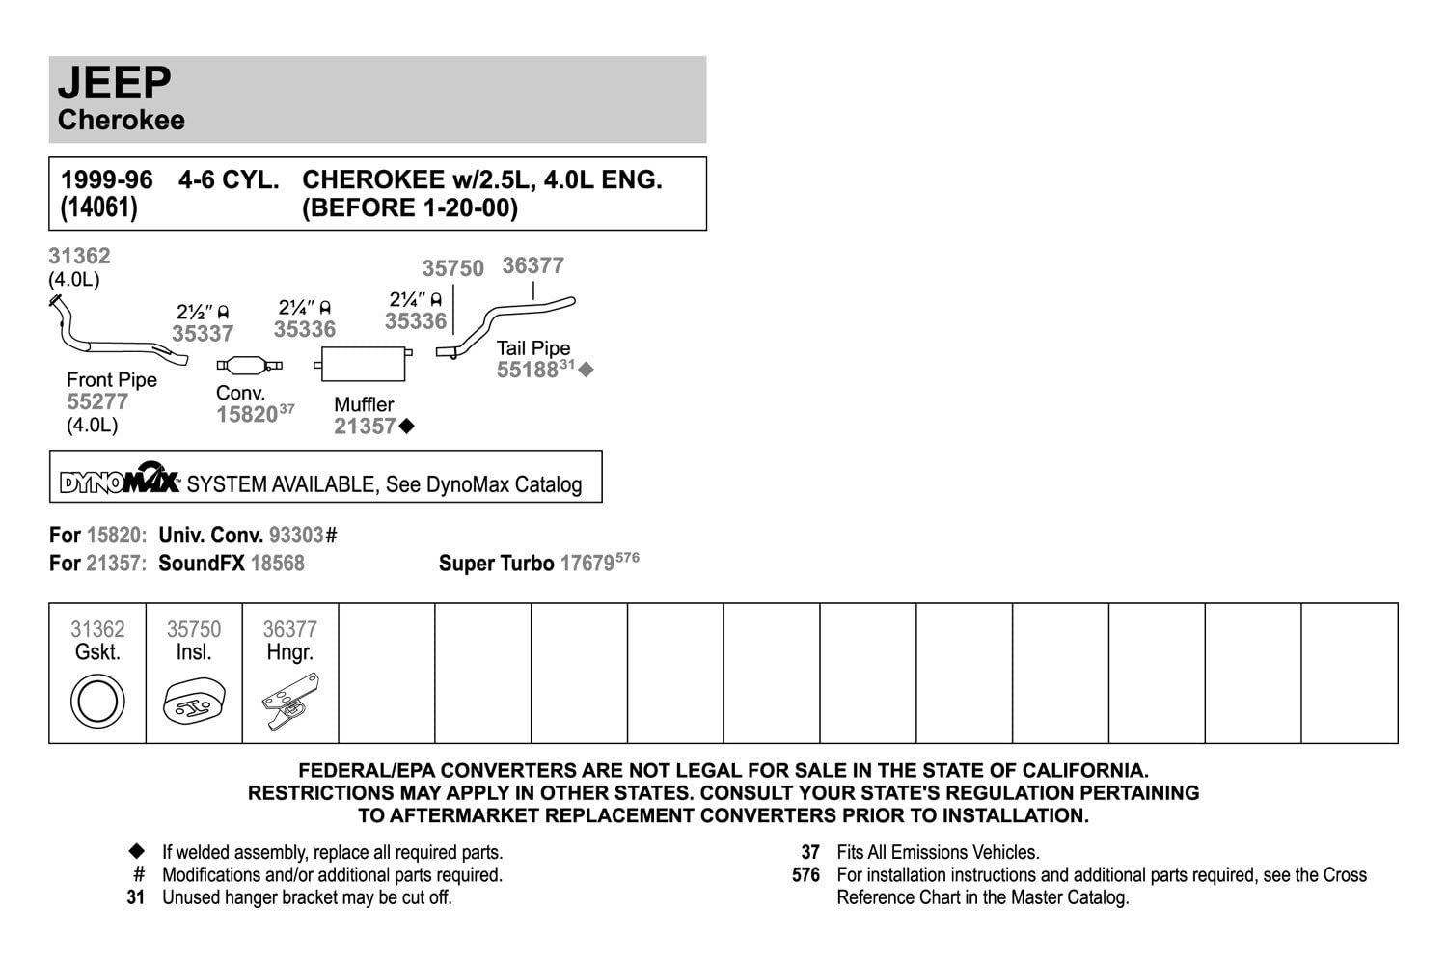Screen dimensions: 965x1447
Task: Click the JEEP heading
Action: (114, 83)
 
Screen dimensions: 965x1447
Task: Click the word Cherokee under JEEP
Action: (121, 120)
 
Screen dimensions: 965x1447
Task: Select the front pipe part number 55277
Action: (97, 402)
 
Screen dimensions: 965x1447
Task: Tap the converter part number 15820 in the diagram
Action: (247, 415)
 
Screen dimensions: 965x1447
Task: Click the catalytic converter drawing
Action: (250, 365)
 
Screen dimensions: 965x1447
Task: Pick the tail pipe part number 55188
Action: (528, 370)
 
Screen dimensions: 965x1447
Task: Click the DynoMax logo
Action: (119, 479)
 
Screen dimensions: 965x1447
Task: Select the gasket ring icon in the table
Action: (97, 701)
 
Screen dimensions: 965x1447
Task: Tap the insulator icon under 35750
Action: (194, 703)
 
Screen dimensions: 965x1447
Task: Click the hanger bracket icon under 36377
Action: (289, 701)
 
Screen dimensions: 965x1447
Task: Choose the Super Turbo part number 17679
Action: (587, 564)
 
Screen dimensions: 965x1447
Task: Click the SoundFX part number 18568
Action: (277, 564)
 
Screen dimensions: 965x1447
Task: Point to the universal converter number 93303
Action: (297, 536)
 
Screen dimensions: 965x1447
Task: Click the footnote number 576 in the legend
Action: (805, 875)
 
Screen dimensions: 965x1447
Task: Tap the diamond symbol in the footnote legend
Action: (137, 851)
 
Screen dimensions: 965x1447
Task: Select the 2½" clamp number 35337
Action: (203, 334)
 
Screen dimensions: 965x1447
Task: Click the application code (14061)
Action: (98, 207)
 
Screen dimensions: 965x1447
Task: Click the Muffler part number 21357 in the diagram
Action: (365, 427)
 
